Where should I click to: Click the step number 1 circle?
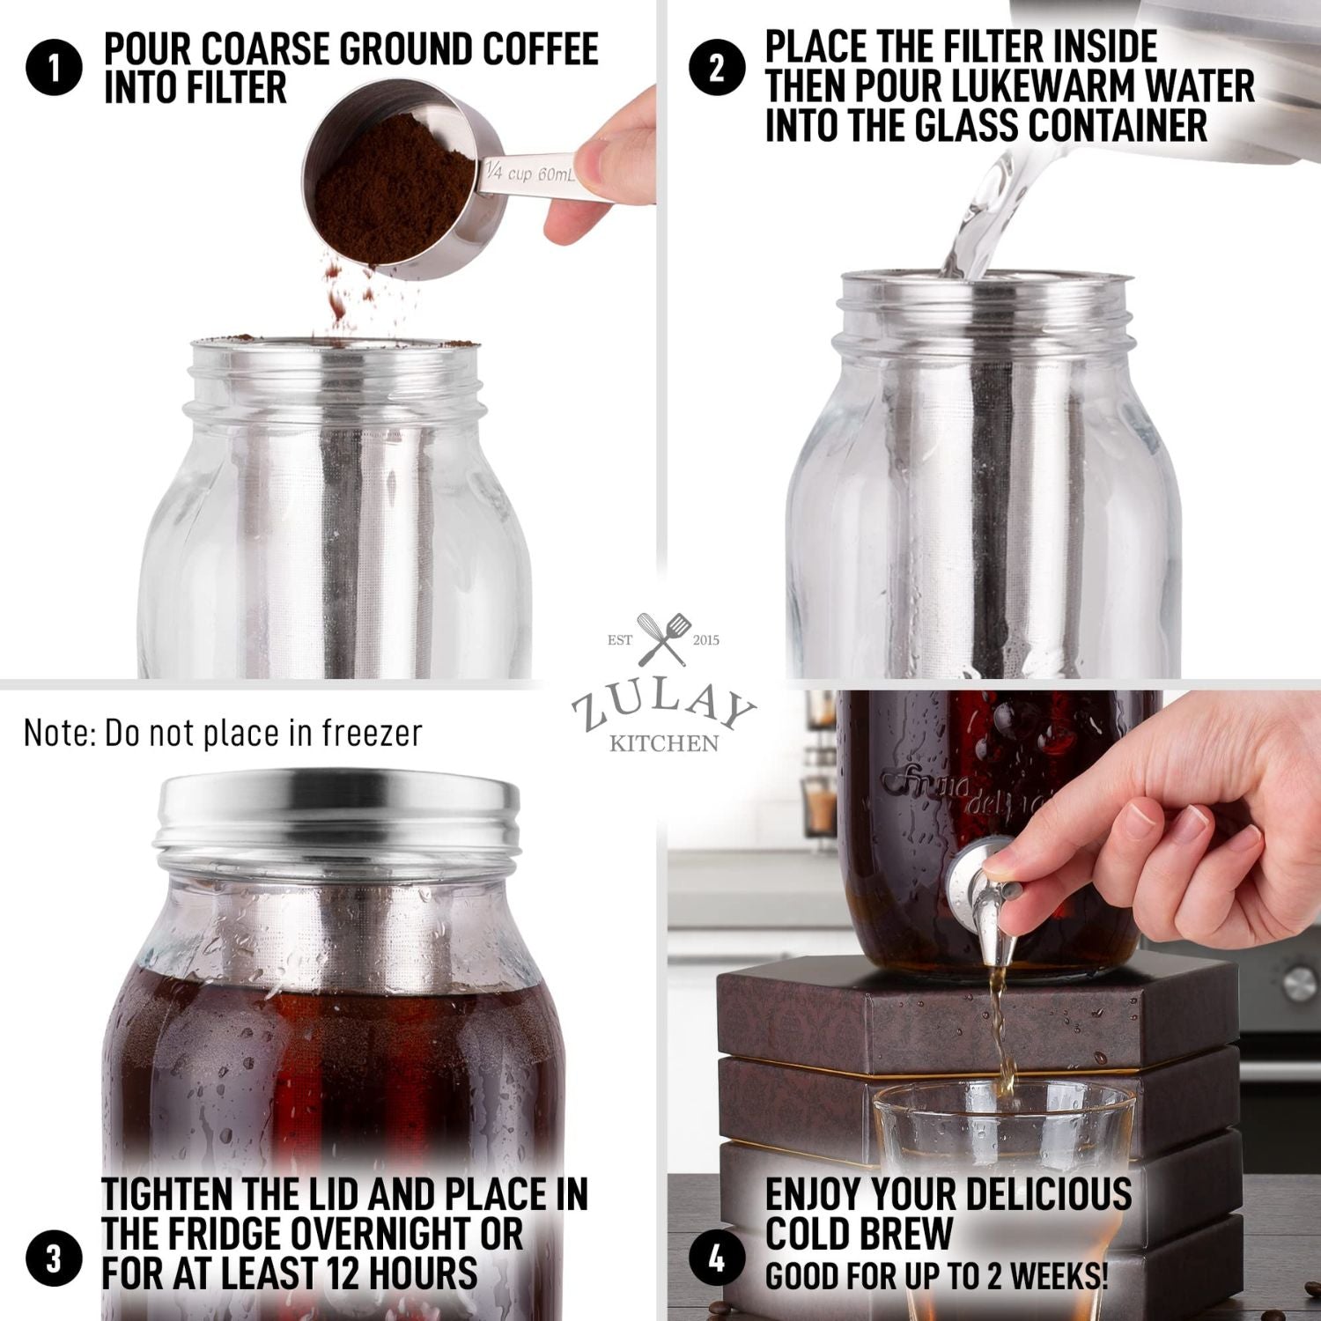[54, 69]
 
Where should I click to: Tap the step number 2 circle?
[718, 69]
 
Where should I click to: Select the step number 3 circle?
[54, 1258]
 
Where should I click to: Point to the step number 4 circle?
[718, 1258]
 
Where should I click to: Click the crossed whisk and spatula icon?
[663, 638]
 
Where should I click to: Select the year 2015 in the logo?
[705, 640]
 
